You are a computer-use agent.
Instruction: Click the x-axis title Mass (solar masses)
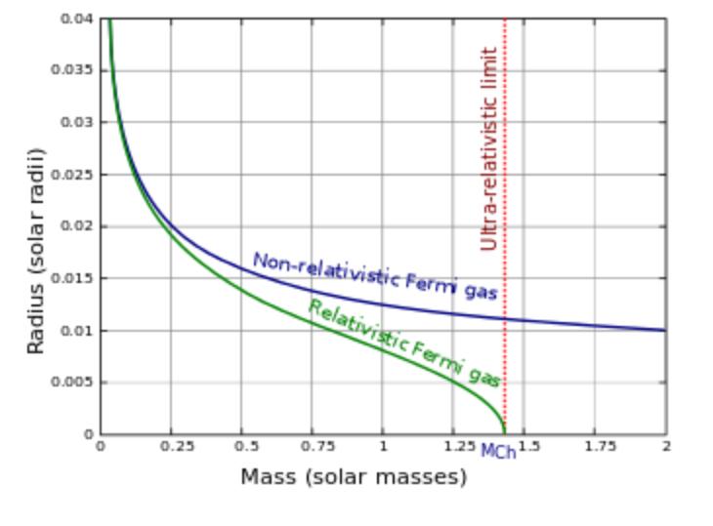354,477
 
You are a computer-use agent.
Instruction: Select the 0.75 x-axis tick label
312,446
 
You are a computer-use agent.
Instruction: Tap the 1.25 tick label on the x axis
452,446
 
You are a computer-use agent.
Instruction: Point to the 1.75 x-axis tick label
595,446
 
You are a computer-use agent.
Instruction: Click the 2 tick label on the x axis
666,446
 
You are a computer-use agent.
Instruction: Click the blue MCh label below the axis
498,453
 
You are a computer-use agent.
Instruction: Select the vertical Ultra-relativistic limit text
489,148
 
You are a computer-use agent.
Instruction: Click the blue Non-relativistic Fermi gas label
375,276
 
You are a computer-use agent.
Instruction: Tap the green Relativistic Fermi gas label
404,343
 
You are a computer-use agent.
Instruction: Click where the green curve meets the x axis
504,433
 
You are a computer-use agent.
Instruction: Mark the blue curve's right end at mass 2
665,330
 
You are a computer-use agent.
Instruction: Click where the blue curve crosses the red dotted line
504,319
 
